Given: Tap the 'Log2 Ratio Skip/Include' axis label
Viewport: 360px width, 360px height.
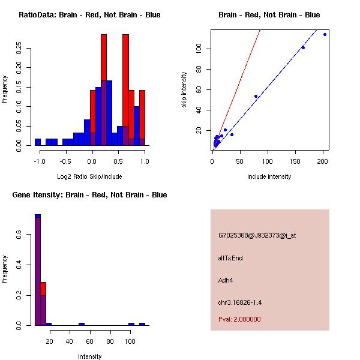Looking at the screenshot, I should point(89,176).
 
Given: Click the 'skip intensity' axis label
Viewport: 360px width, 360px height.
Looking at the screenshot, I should point(184,90).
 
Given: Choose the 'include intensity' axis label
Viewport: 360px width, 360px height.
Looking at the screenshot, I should point(269,176).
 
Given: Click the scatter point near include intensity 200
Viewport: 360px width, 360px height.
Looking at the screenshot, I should point(325,34).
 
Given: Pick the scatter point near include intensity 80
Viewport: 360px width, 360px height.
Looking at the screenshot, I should point(256,96).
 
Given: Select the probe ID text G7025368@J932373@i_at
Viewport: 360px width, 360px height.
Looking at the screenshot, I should point(257,235).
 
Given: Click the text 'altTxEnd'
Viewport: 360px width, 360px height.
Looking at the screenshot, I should point(230,258).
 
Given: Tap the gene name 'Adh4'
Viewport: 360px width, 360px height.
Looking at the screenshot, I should point(226,280).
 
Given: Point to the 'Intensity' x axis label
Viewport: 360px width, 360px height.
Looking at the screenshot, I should point(89,356).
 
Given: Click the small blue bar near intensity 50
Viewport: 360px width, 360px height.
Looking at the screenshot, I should point(82,324).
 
